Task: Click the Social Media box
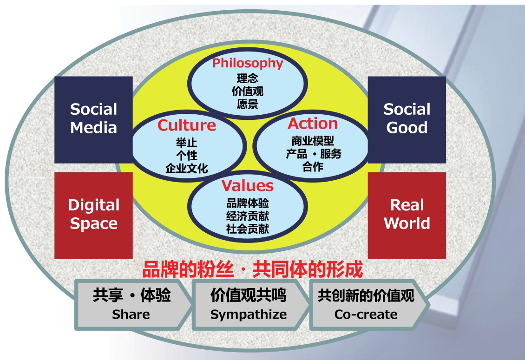click(93, 119)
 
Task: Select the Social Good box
click(407, 119)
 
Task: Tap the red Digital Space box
click(93, 215)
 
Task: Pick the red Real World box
click(407, 215)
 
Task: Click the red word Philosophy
click(248, 63)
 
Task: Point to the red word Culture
click(186, 125)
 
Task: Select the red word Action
click(313, 124)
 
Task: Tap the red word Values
click(247, 185)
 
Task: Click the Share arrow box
click(131, 304)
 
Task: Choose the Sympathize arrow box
click(249, 304)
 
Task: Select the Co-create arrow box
click(366, 304)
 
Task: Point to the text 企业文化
click(186, 168)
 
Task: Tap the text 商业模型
click(313, 141)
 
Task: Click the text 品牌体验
click(247, 203)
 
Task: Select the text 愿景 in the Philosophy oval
click(247, 104)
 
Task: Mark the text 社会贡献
click(247, 229)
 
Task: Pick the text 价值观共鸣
click(249, 295)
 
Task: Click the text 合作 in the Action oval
click(313, 167)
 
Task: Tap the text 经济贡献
click(247, 216)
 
